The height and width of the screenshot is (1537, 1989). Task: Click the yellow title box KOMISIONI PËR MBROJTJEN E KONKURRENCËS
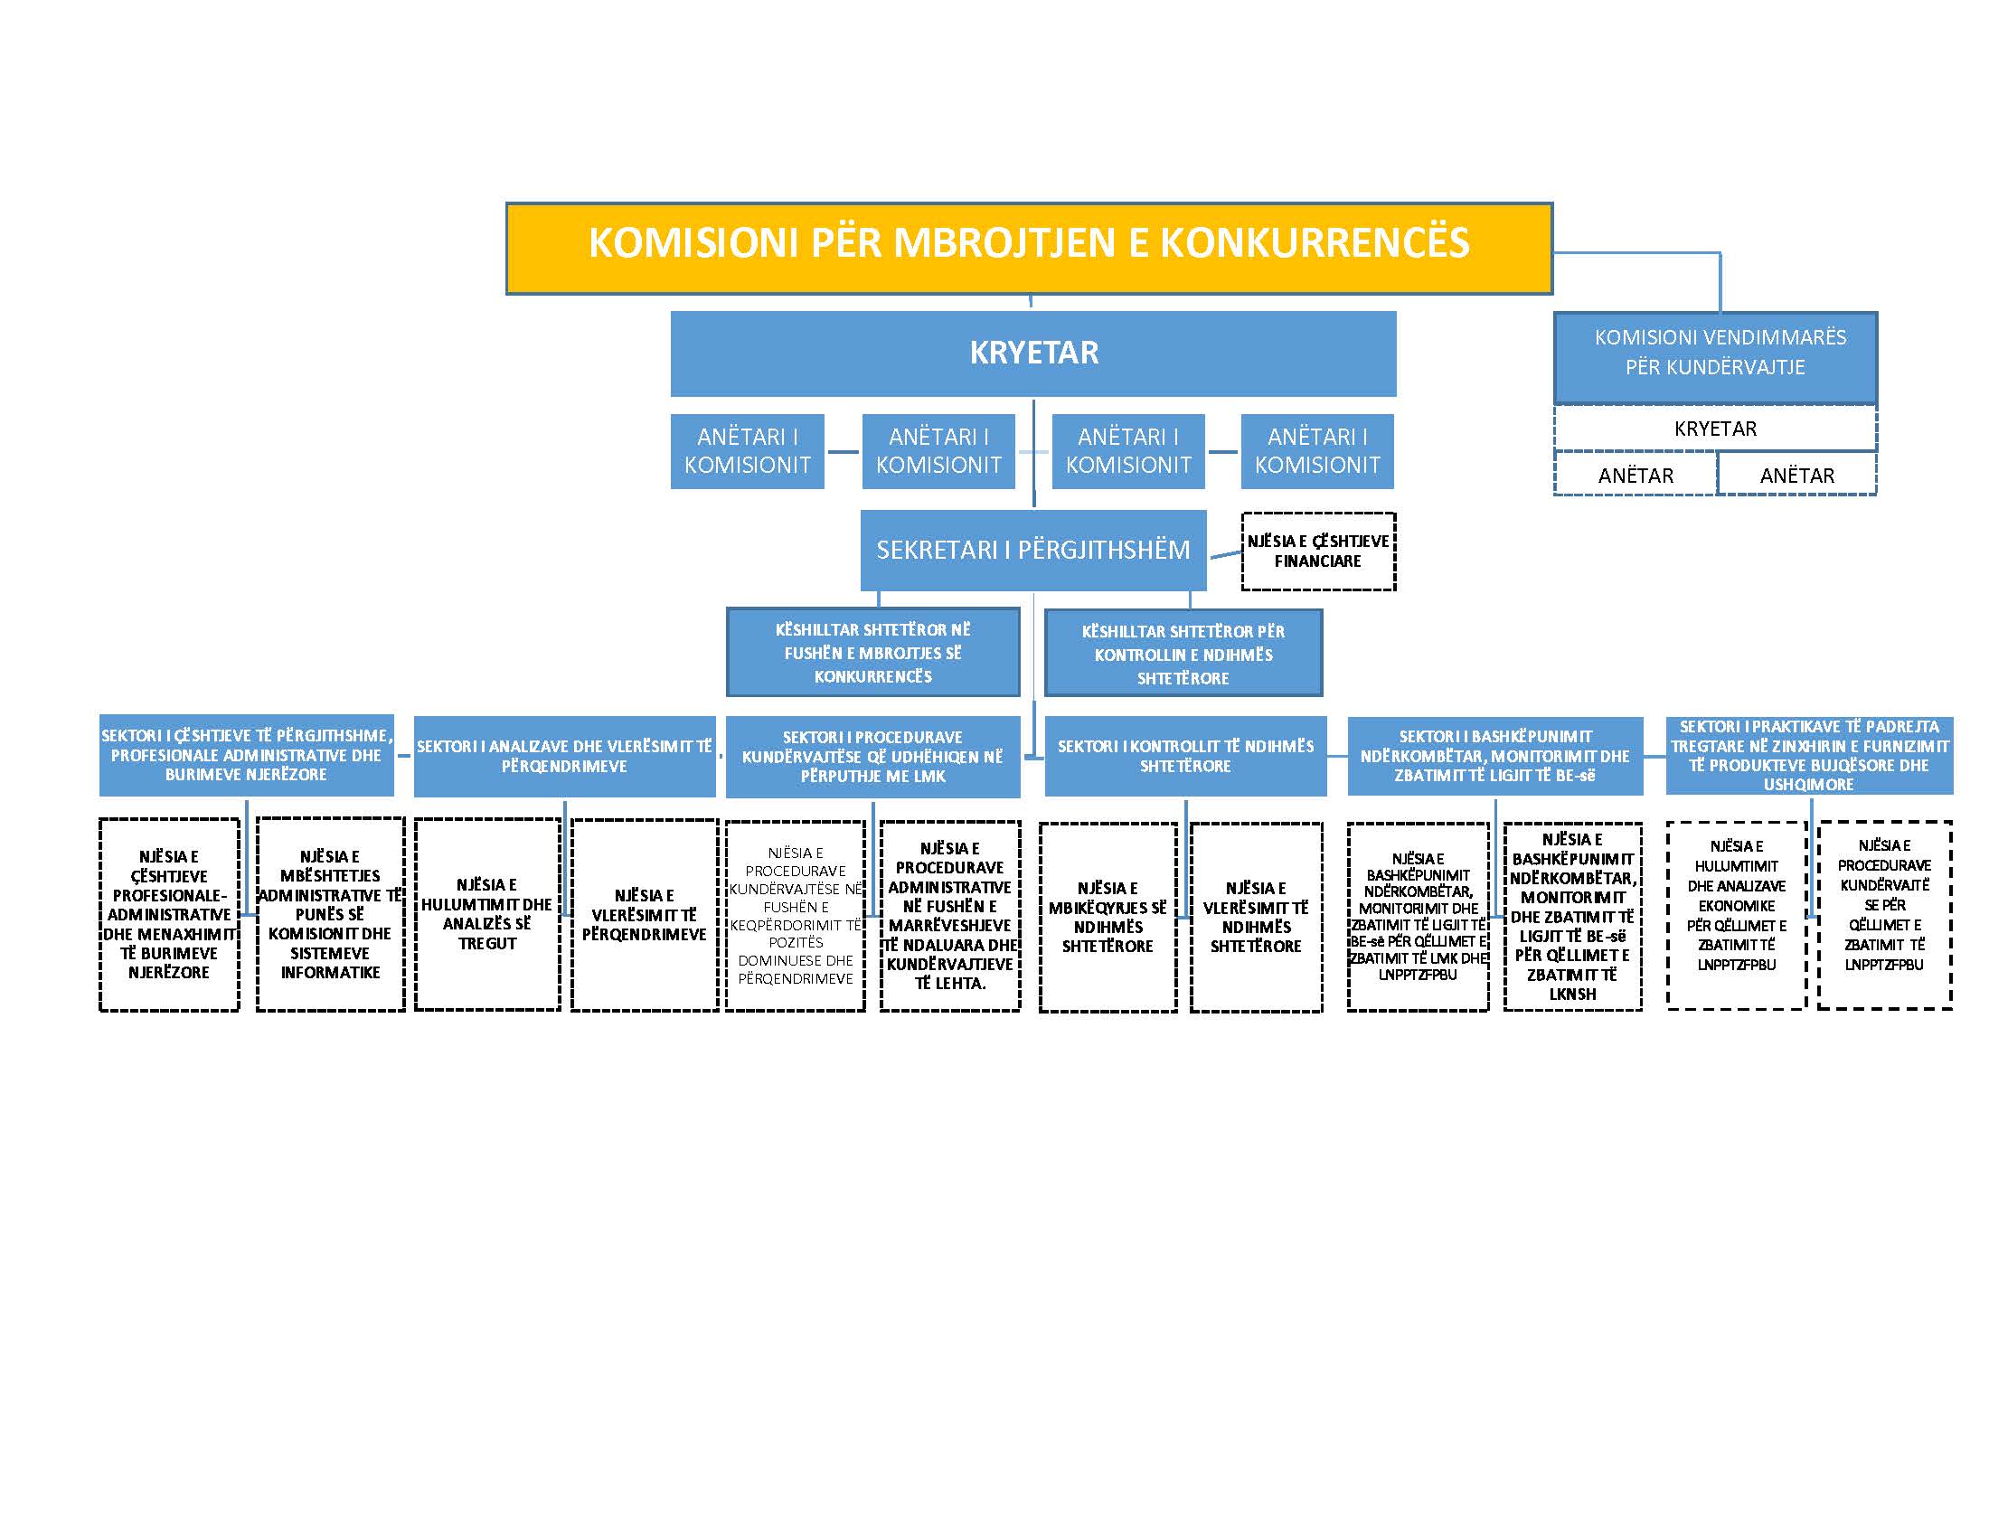1029,248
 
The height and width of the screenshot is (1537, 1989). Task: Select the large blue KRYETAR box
1032,354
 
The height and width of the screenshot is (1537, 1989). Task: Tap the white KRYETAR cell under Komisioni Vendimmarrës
1715,428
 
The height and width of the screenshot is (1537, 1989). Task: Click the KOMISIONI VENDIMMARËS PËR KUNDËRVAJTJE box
1715,358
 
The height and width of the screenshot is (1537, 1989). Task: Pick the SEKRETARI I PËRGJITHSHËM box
1032,550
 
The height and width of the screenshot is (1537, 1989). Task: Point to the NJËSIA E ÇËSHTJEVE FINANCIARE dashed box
1318,552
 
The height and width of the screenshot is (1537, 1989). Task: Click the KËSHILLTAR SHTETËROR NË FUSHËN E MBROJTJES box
872,653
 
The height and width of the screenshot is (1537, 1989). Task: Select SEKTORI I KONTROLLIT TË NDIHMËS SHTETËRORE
1185,756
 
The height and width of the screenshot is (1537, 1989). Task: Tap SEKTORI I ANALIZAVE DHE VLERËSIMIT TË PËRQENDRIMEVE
565,756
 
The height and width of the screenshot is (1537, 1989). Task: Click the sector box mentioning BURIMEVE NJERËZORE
246,755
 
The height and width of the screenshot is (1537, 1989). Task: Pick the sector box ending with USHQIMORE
1809,755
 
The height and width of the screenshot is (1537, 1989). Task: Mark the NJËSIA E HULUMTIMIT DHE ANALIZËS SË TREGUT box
487,914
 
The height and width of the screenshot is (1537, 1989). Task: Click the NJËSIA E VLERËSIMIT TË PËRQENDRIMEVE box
644,915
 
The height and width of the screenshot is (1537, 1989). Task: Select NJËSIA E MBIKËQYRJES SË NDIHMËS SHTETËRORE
1108,917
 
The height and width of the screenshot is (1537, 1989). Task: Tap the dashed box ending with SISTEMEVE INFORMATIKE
330,914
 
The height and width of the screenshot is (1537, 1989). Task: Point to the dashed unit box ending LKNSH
1573,916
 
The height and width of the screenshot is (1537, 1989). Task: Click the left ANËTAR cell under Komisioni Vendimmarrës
1635,475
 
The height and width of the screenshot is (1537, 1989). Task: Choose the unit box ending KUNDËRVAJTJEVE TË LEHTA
950,916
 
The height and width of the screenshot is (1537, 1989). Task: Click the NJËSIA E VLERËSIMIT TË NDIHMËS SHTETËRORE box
1256,917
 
